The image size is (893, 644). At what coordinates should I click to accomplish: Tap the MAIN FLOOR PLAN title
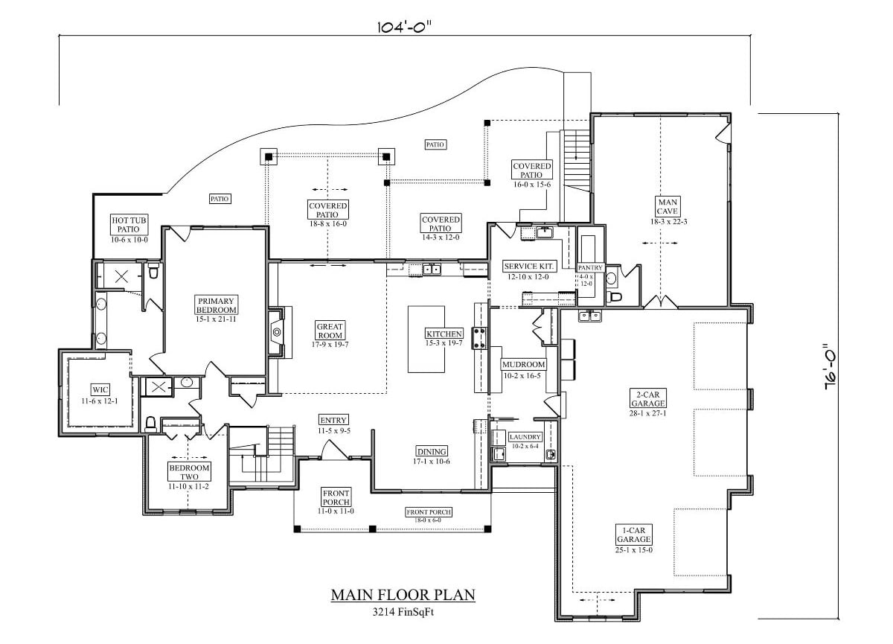tap(403, 595)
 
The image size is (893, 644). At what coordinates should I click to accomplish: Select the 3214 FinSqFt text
tap(403, 613)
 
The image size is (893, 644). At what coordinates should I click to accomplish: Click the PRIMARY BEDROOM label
tap(217, 305)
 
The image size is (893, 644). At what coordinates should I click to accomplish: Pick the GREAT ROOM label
tap(330, 331)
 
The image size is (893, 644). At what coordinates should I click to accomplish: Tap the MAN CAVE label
tap(665, 205)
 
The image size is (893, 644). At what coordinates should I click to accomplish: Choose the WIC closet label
tap(100, 389)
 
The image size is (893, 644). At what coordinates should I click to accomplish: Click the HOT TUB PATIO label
tap(129, 224)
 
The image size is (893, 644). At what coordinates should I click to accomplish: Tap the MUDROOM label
tap(524, 365)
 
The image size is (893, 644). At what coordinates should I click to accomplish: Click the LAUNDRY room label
tap(525, 437)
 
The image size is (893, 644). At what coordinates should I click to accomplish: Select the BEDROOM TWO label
tap(189, 471)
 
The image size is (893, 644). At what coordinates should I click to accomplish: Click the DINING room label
tap(432, 451)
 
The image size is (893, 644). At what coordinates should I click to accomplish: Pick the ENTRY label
tap(333, 421)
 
